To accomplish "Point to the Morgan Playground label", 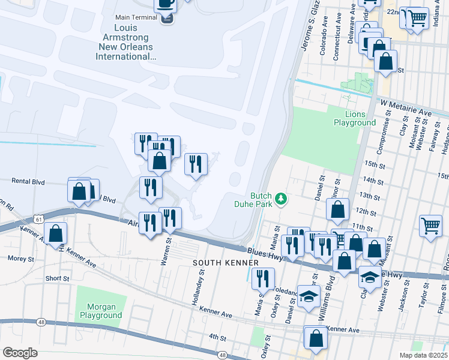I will tap(101, 311).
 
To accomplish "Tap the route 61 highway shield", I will tap(39, 220).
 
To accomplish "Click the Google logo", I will tap(20, 352).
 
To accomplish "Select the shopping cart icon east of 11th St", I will tap(431, 227).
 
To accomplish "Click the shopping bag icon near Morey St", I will tap(56, 235).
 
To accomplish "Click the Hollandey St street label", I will tap(197, 287).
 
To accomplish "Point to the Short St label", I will tap(57, 278).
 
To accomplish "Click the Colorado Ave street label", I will tap(323, 40).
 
